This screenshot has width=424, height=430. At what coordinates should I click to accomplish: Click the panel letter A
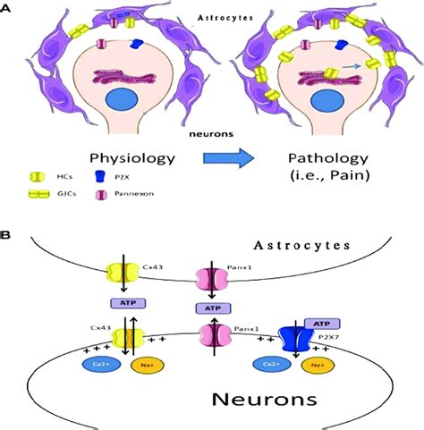7,7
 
